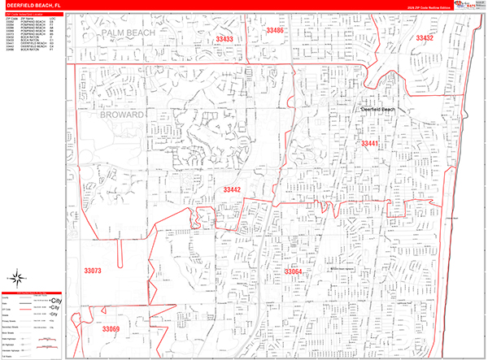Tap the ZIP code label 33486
pos(275,31)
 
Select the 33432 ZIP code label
pos(424,38)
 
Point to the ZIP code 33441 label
pos(370,143)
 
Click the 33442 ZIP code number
pos(232,189)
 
